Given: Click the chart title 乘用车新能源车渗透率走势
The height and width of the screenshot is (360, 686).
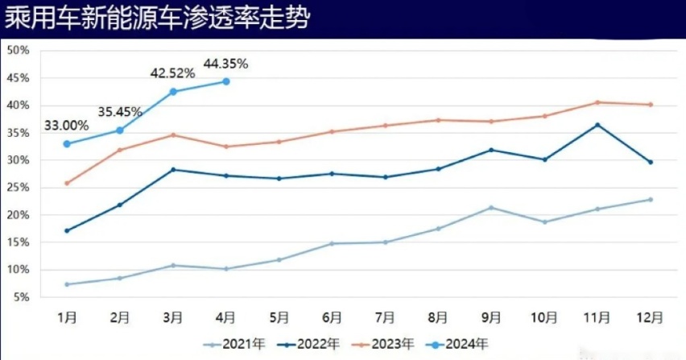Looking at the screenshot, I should pos(157,19).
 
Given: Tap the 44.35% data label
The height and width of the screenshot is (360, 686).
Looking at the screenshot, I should pos(226,62).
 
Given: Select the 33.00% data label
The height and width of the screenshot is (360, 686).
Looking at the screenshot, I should pos(67,126).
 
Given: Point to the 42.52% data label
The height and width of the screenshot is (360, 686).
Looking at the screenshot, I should pos(173,73).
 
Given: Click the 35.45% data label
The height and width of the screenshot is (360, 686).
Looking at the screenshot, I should pos(120,111).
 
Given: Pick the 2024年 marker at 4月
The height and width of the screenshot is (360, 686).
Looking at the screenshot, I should pos(226,81).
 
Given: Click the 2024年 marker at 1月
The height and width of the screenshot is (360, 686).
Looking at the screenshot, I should pos(67,144).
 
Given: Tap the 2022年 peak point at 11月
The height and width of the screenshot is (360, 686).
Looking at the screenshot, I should pos(597,125).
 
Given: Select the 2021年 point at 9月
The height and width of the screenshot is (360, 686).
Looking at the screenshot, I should pos(491,208).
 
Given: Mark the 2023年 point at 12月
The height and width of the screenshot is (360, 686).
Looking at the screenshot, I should pos(651,105).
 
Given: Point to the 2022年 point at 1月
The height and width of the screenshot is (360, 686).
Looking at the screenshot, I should pos(67,231).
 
